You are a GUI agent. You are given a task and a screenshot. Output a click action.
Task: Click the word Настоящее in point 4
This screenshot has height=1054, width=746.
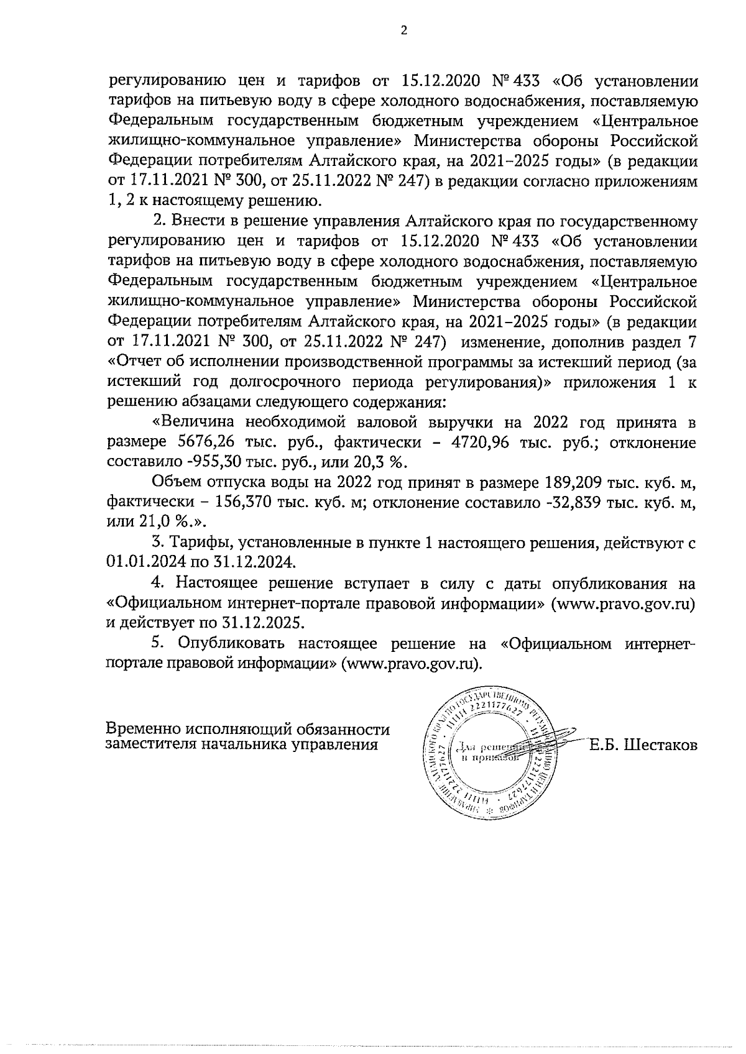pos(218,584)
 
